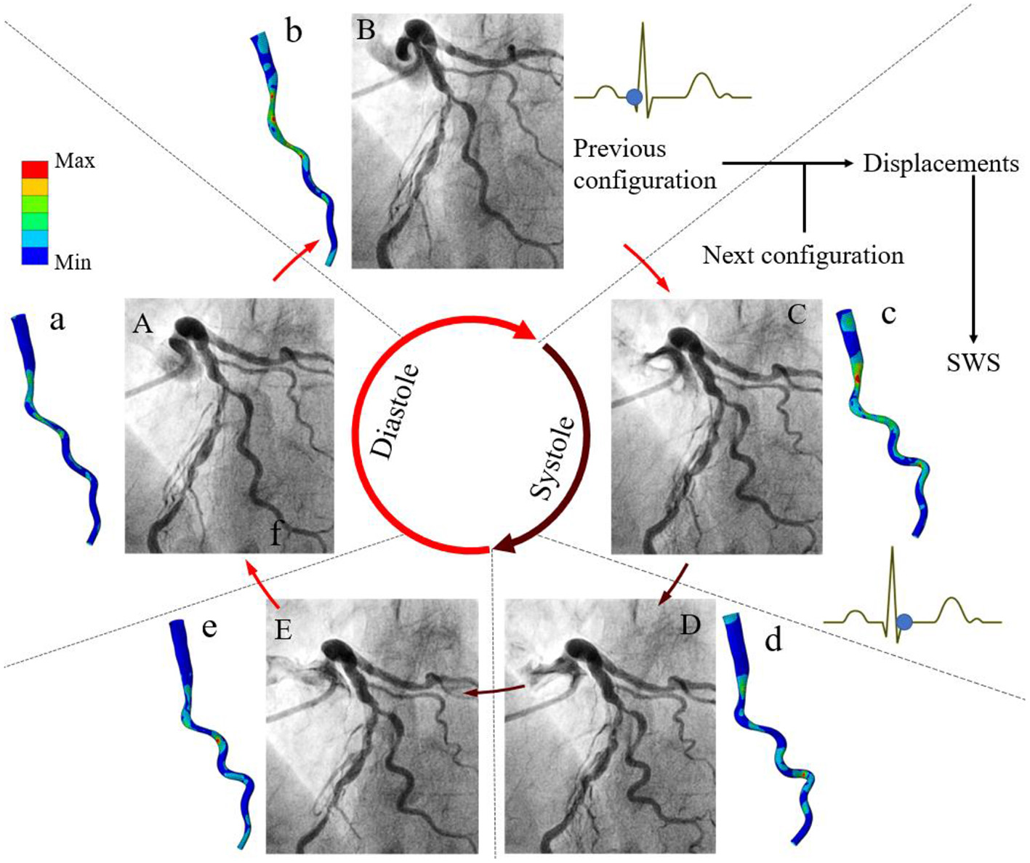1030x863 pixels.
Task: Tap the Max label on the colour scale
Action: pyautogui.click(x=74, y=161)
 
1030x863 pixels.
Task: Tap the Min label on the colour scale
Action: pyautogui.click(x=73, y=262)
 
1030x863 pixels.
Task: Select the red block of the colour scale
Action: pyautogui.click(x=35, y=169)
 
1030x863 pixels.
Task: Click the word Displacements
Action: pyautogui.click(x=941, y=164)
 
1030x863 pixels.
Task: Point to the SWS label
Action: pyautogui.click(x=973, y=362)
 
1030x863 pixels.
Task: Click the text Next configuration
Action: pyautogui.click(x=802, y=256)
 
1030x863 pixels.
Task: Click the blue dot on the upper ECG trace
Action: pyautogui.click(x=634, y=97)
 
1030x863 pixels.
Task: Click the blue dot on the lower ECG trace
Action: pyautogui.click(x=904, y=622)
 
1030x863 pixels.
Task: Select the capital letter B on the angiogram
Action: pyautogui.click(x=366, y=30)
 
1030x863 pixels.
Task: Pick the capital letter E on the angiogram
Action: pyautogui.click(x=283, y=630)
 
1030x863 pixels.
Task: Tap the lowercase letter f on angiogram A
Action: pyautogui.click(x=276, y=534)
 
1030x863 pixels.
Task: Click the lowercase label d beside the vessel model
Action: pyautogui.click(x=773, y=640)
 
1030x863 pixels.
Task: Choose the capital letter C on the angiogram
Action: pyautogui.click(x=797, y=314)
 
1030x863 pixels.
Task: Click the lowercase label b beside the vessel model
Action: pyautogui.click(x=293, y=31)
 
